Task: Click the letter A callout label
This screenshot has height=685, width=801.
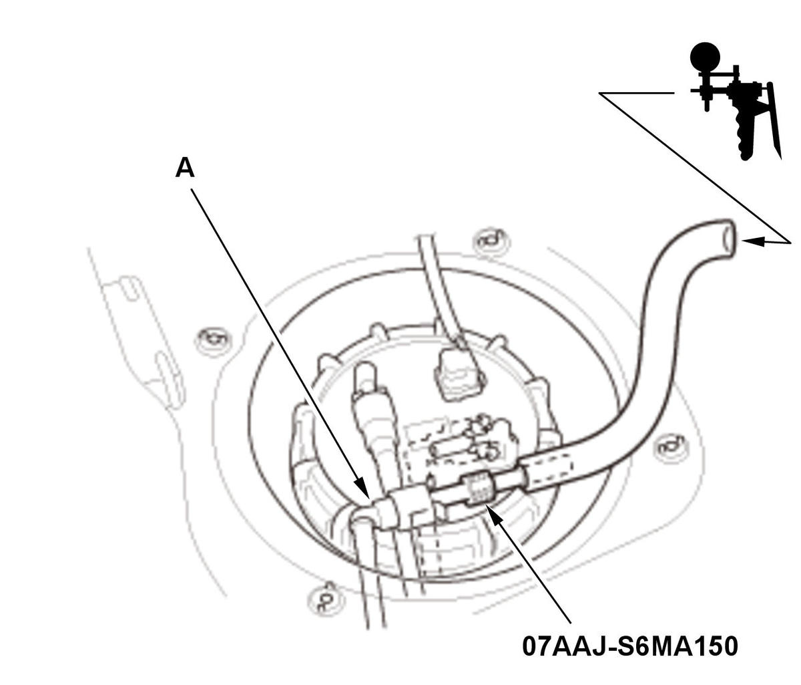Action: point(185,168)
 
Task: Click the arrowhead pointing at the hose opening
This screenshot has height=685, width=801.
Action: point(754,242)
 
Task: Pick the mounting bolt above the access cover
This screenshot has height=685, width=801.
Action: point(490,241)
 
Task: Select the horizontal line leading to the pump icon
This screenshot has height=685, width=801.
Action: point(636,93)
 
